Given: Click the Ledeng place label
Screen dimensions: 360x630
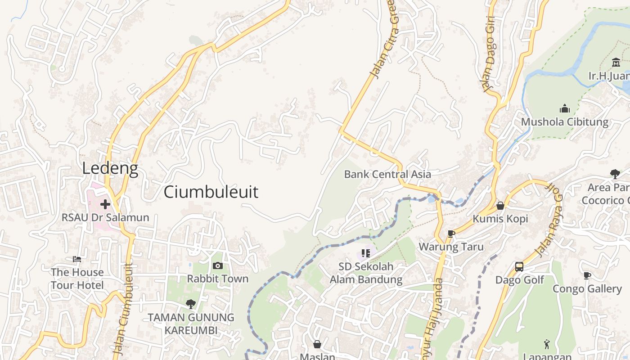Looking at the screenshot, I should [110, 168].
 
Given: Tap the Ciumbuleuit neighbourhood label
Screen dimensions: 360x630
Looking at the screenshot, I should [211, 192].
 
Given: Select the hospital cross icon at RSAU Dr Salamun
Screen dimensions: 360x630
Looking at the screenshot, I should [105, 204].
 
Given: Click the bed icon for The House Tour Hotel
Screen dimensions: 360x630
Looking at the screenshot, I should [77, 259].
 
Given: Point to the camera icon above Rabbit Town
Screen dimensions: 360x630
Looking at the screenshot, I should [217, 266].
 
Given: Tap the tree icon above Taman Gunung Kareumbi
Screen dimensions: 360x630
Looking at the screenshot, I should [190, 304].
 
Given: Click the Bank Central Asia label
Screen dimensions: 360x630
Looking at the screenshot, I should [387, 174].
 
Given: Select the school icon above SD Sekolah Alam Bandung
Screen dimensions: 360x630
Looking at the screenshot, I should [365, 253].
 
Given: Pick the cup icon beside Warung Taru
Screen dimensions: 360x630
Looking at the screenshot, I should [451, 234].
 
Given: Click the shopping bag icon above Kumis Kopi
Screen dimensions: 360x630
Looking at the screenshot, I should [500, 206].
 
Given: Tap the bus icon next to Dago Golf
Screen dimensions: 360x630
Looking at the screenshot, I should [519, 267].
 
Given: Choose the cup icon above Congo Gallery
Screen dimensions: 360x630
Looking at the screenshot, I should [587, 275].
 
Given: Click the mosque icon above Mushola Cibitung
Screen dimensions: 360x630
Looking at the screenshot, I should [564, 108].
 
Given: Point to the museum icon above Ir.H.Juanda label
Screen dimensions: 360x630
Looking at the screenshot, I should [616, 62].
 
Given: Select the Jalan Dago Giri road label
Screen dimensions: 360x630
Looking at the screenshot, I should [487, 54].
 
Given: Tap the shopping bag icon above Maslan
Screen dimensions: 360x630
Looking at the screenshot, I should [317, 344].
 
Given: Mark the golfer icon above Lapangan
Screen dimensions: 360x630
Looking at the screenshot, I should [547, 344].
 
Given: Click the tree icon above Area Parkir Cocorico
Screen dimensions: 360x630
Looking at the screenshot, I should [615, 174].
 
